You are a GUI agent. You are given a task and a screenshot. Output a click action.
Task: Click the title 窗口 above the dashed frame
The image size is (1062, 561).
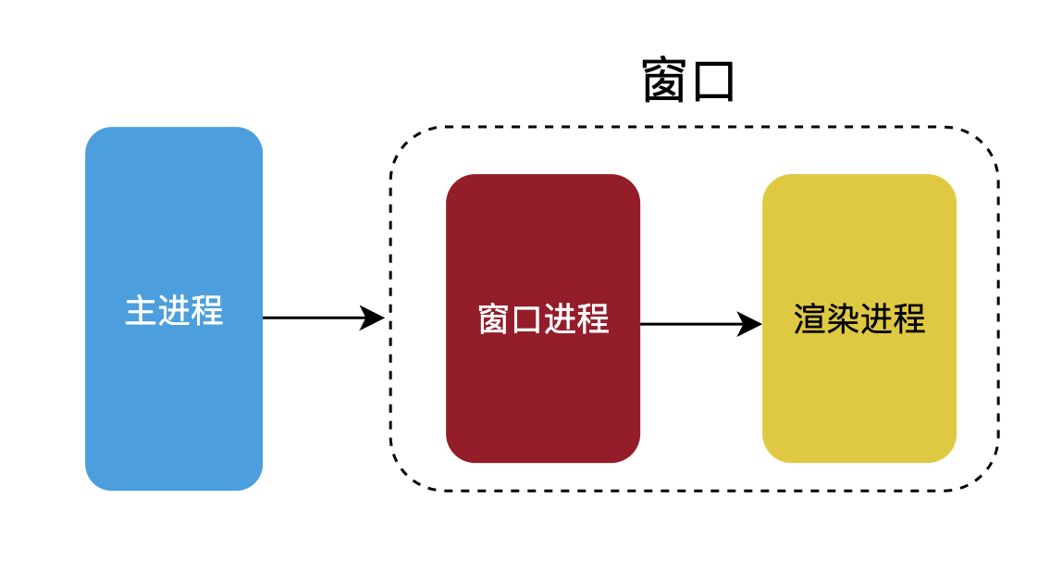pyautogui.click(x=688, y=82)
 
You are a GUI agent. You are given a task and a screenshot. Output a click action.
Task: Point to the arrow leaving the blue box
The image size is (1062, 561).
pyautogui.click(x=315, y=318)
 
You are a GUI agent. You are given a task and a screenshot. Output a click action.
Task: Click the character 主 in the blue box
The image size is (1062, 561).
pyautogui.click(x=141, y=311)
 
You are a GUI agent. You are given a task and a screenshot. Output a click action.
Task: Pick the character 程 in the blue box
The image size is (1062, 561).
pyautogui.click(x=207, y=311)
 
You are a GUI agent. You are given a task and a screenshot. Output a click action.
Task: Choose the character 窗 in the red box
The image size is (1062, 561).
pyautogui.click(x=494, y=319)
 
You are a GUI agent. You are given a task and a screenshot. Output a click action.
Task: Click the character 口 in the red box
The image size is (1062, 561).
pyautogui.click(x=526, y=319)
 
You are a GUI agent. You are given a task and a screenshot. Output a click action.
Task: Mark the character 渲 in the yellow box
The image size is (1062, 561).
pyautogui.click(x=810, y=319)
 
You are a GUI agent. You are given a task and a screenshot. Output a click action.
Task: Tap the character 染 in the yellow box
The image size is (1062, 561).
pyautogui.click(x=843, y=319)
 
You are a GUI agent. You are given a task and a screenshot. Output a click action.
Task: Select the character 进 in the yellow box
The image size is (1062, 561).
pyautogui.click(x=876, y=319)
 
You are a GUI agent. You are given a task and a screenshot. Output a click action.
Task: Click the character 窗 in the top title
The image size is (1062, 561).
pyautogui.click(x=665, y=82)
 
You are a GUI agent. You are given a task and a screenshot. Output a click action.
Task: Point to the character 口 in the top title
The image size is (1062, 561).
pyautogui.click(x=712, y=82)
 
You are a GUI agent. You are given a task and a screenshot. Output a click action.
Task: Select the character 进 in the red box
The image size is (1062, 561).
pyautogui.click(x=560, y=319)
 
